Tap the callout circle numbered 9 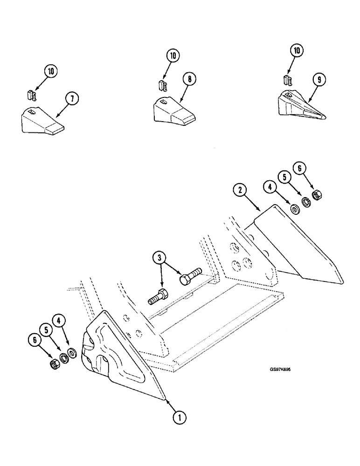[x=318, y=80]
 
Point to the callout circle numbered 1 [x=178, y=418]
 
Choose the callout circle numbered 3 [x=159, y=258]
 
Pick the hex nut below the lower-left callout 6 [x=54, y=363]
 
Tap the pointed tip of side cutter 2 [x=342, y=282]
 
